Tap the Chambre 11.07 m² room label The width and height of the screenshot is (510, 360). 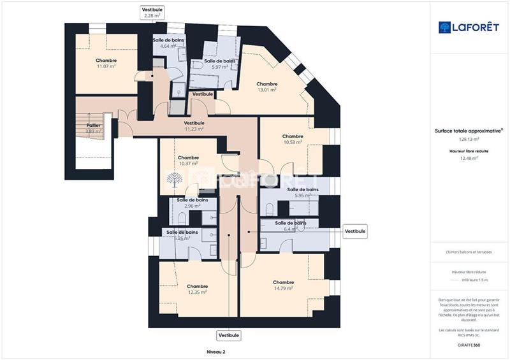[106, 63]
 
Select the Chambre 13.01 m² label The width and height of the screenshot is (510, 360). [266, 87]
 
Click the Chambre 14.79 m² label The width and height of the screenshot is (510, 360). [282, 285]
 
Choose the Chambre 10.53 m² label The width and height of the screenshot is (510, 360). [292, 140]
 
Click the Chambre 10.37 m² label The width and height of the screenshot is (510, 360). [188, 161]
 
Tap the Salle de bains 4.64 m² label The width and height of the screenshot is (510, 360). [168, 43]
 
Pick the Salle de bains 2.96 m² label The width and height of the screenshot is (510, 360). [193, 203]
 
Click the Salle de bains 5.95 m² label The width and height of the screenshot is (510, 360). [303, 192]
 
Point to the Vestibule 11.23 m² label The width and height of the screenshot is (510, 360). [194, 126]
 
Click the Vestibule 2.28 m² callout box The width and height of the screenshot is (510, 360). [152, 12]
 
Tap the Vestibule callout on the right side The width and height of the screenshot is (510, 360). [355, 231]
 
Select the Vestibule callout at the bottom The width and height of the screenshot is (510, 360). [228, 335]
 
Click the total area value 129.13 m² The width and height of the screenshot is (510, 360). [469, 138]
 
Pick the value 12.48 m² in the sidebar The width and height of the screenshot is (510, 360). [469, 159]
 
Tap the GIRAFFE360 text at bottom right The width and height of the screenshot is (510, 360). [469, 344]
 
